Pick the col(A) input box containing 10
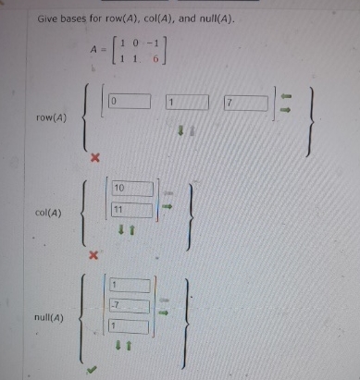pyautogui.click(x=131, y=190)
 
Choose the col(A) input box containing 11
pyautogui.click(x=131, y=210)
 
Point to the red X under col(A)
pyautogui.click(x=93, y=254)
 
